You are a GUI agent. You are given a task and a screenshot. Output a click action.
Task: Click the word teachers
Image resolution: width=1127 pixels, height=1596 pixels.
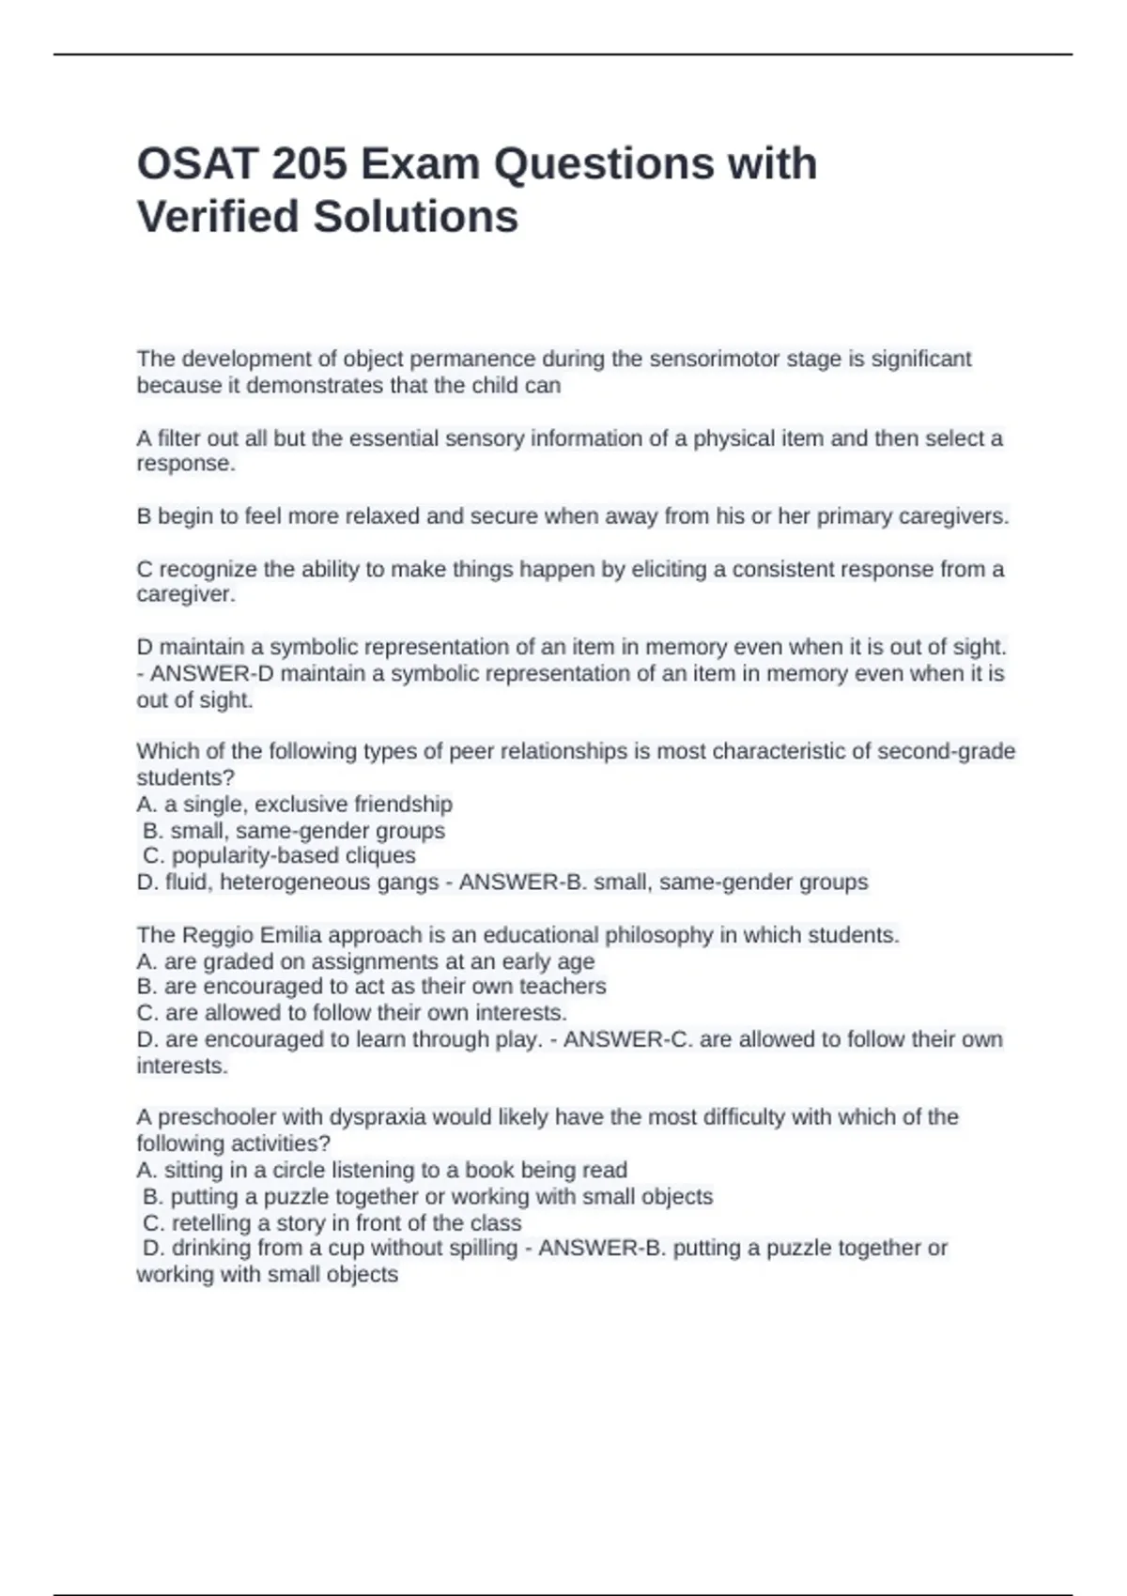pos(563,987)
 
